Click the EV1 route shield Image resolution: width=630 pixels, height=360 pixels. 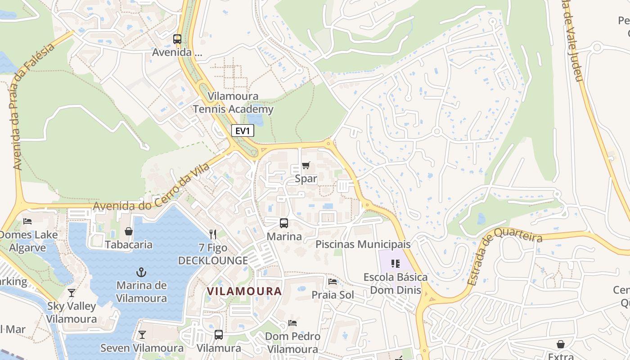[243, 131]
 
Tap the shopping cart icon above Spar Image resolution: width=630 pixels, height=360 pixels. [306, 165]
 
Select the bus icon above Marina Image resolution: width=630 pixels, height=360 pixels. [283, 223]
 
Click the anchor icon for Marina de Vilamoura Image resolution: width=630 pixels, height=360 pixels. [141, 272]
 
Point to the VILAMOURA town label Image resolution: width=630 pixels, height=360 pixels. [244, 291]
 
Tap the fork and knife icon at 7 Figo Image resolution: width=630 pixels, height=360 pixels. [213, 234]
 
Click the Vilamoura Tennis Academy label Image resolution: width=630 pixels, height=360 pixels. [233, 103]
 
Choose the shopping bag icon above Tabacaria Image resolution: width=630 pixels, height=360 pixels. [129, 231]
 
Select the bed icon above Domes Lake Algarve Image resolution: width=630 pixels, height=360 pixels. [27, 221]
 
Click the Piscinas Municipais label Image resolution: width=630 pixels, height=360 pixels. [363, 244]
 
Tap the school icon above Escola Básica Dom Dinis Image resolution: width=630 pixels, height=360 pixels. [396, 264]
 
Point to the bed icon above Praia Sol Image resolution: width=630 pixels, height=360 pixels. [333, 282]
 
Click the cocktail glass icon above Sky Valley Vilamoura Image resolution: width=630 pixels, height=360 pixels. [72, 293]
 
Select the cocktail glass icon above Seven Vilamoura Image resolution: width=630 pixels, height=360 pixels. [142, 335]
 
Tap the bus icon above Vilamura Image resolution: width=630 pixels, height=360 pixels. [219, 335]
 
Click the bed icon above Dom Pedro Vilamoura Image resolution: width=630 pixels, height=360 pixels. [292, 323]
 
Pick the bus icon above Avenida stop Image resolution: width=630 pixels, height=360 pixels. [177, 39]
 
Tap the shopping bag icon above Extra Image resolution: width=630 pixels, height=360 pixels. [561, 344]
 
